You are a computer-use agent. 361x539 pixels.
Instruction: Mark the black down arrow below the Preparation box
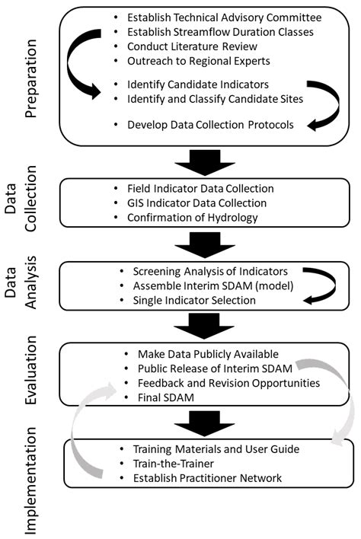(x=201, y=161)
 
